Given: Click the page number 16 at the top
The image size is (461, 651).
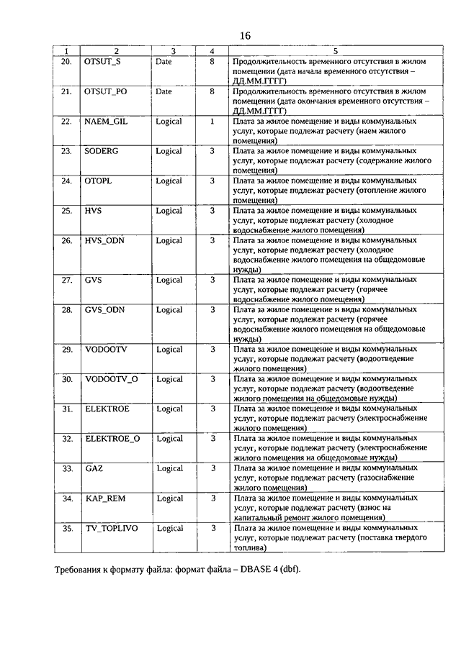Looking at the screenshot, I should [x=245, y=36].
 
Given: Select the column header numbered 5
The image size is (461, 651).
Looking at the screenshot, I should [x=335, y=51].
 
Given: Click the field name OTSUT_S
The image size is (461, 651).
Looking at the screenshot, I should [x=104, y=62].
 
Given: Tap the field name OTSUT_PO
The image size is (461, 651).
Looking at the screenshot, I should [x=107, y=92].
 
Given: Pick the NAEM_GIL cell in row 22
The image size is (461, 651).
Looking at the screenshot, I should [x=106, y=122].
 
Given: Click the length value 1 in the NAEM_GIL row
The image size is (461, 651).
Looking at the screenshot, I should [x=212, y=122].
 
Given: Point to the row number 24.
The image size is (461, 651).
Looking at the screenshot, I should [x=67, y=181].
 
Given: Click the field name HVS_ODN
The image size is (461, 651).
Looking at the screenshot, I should [x=104, y=241].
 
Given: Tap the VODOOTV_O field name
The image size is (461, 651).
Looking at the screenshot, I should [x=111, y=379].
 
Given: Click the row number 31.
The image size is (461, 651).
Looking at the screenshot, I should [x=67, y=409].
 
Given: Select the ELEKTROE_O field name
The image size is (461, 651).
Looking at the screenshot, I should [x=112, y=439].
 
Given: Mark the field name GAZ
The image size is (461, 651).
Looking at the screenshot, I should [x=94, y=469].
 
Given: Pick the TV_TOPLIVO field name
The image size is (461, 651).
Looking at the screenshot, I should [x=111, y=529].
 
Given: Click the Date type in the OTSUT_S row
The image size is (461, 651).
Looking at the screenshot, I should [x=164, y=62].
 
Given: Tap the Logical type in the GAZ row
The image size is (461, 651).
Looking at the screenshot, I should [x=169, y=469].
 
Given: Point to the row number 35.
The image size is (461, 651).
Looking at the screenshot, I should [x=67, y=529].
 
